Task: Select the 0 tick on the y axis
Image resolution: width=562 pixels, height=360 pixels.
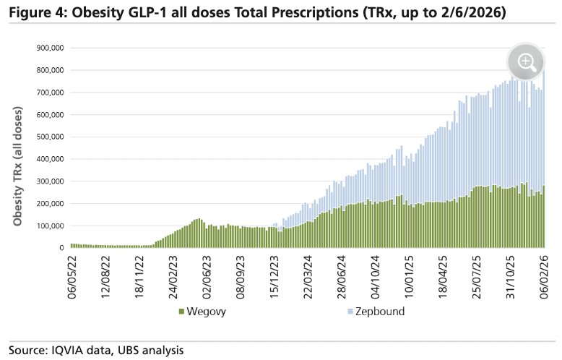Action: pos(61,248)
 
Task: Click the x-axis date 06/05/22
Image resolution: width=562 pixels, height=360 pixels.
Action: pos(72,275)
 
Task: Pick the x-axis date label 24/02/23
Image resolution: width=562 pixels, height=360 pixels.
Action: pos(174,275)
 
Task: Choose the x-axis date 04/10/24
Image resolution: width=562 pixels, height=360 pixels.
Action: pos(376,275)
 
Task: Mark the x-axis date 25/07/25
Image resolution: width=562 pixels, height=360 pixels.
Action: pos(477,275)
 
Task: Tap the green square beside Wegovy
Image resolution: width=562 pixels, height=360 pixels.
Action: pos(181,311)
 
